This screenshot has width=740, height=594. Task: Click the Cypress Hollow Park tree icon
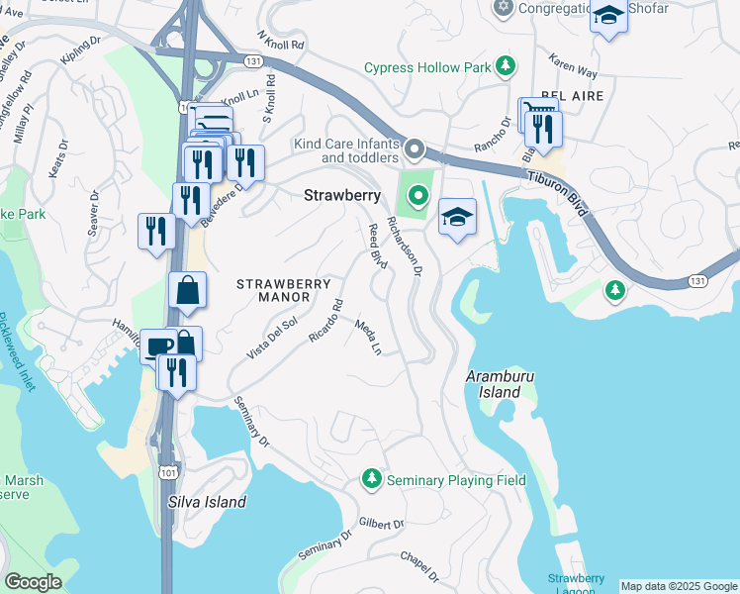pos(506,67)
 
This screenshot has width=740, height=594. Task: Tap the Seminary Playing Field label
pos(456,480)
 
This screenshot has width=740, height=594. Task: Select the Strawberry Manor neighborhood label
pos(283,290)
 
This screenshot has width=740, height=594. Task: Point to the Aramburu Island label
pos(494,385)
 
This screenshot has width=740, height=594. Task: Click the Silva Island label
pos(208,502)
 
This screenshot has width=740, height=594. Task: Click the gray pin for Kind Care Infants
pos(415,150)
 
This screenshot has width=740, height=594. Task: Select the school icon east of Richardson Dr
pos(457,218)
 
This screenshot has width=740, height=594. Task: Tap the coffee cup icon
pos(158,346)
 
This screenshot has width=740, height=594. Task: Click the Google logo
pos(33,582)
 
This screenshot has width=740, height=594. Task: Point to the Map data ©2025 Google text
pos(679,586)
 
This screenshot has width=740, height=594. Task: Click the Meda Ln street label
pos(368,338)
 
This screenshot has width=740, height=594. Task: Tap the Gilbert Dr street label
pos(382,523)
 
